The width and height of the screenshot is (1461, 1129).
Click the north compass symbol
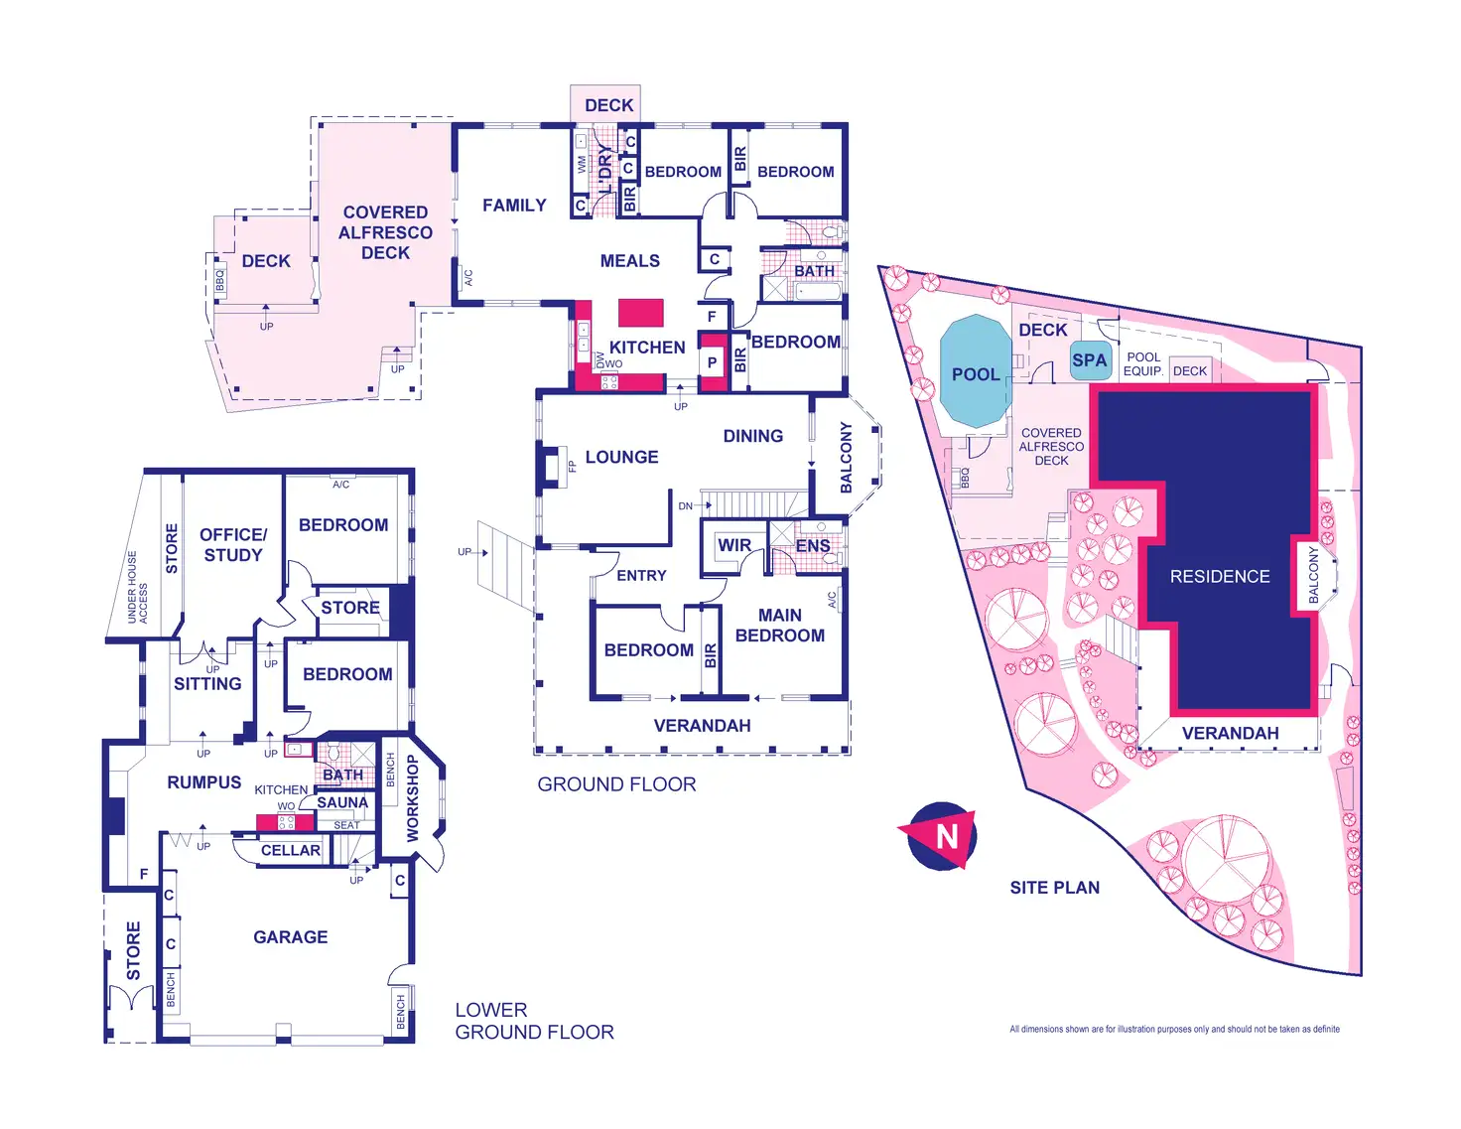940,836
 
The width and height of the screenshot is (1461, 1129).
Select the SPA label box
1089,360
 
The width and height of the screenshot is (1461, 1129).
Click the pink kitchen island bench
640,313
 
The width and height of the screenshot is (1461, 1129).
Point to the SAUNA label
342,802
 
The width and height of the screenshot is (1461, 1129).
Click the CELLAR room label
290,851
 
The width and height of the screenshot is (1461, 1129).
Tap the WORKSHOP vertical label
413,798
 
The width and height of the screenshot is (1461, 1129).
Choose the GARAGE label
290,936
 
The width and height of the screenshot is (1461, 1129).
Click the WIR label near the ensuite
733,545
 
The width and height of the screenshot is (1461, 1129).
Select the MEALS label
629,261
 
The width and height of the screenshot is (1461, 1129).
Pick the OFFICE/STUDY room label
233,545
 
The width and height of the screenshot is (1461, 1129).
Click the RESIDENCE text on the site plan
1220,577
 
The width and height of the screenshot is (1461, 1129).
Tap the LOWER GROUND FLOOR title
534,1021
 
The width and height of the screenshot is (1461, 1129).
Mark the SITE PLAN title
1054,888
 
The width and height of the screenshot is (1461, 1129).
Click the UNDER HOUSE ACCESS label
137,588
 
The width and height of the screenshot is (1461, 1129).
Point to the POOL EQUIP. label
1143,364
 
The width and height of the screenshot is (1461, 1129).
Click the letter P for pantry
712,362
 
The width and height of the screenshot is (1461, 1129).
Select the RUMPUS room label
203,782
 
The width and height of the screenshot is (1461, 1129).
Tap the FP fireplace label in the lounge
572,466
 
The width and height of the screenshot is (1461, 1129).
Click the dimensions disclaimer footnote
1174,1030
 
